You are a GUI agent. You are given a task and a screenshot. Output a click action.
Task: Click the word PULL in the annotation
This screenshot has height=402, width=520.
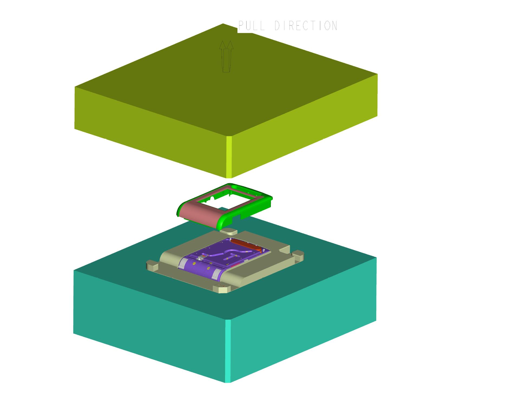tap(251, 26)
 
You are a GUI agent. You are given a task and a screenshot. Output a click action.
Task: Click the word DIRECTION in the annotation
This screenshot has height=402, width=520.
tap(306, 26)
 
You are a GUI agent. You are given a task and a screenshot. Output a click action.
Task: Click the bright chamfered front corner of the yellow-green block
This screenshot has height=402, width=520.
tap(229, 157)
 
